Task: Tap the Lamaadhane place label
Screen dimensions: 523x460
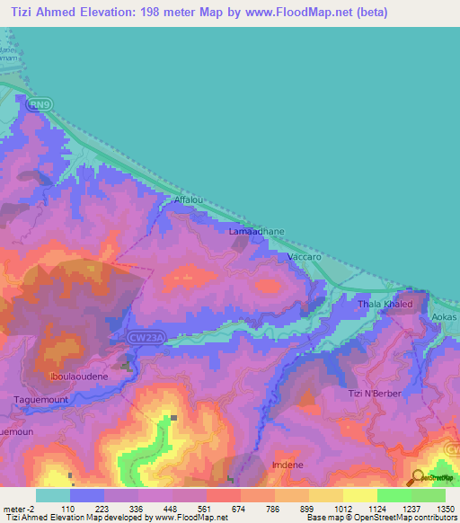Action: point(257,232)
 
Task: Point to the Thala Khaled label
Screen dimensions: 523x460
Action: point(385,304)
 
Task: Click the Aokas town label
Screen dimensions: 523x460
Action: point(444,317)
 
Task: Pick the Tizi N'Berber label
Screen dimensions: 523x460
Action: point(372,394)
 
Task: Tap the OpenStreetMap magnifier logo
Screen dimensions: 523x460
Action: point(416,477)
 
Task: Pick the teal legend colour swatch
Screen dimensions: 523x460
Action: point(53,495)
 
